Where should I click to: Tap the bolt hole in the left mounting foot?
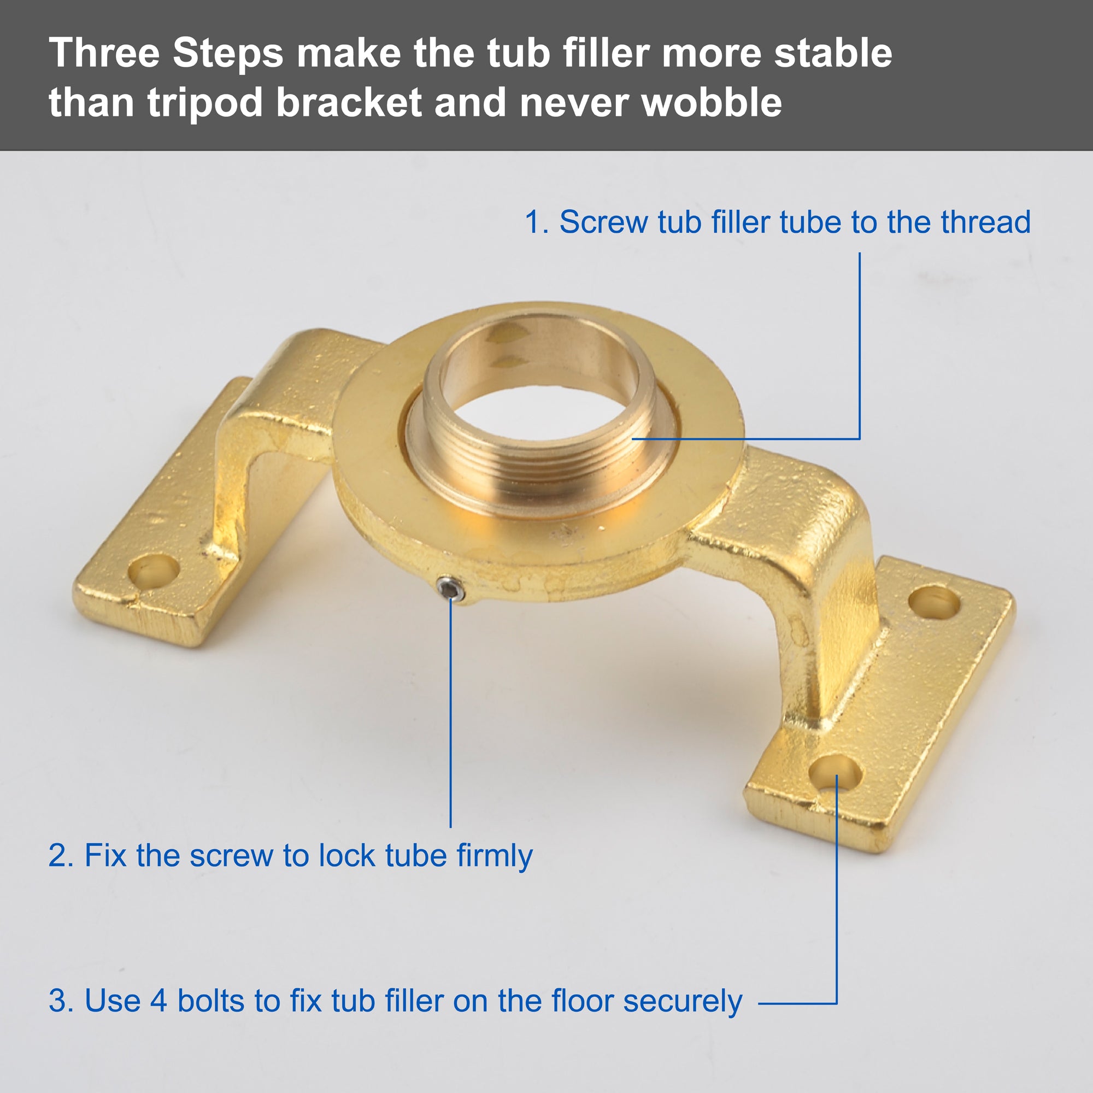pos(154,569)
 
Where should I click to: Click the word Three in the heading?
pos(105,52)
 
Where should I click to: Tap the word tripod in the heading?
pos(205,103)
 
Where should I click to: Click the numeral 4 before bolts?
pos(158,1001)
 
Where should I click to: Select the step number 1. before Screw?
pos(537,222)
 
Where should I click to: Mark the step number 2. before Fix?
pos(61,855)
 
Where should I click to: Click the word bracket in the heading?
pos(349,102)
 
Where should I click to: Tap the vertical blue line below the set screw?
pos(451,713)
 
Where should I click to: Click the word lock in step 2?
pos(348,855)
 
